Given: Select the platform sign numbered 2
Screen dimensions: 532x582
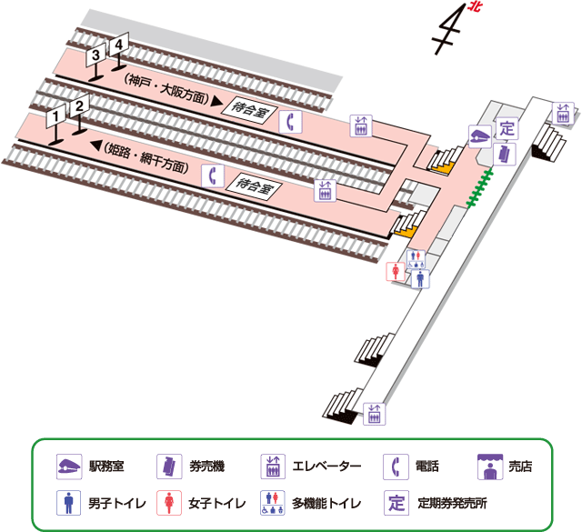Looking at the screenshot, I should (80, 106).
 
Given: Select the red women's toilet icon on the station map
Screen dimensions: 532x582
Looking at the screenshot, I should (396, 272).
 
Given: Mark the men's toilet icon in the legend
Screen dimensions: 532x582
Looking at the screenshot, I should (68, 502).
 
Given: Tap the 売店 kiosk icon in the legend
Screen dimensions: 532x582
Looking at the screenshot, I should (491, 466).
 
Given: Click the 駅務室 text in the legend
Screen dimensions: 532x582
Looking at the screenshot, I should (107, 467).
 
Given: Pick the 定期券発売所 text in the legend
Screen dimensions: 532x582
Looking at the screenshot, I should (453, 502).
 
